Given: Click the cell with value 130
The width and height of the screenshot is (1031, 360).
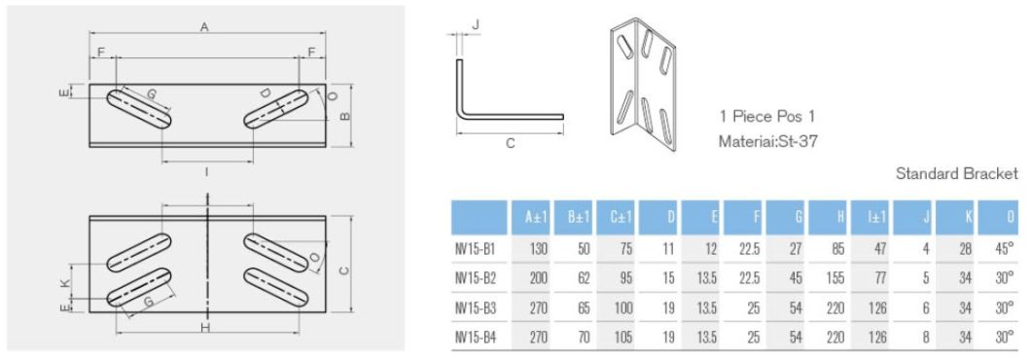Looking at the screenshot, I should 538,248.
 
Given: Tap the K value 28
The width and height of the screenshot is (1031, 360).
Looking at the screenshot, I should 965,248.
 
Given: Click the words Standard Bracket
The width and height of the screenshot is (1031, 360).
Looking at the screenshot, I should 957,173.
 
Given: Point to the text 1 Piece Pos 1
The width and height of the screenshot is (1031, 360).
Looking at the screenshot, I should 766,115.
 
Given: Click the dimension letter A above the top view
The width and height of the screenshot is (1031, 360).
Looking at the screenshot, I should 204,28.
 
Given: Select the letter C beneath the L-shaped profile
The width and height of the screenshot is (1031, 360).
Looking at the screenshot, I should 509,143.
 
